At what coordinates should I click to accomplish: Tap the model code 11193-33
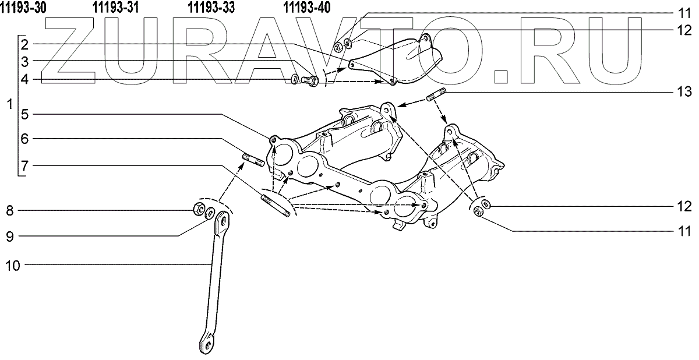click(x=211, y=8)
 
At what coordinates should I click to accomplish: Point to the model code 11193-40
click(x=306, y=8)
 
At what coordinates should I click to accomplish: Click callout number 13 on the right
click(x=684, y=91)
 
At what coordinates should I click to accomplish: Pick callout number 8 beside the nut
click(x=9, y=209)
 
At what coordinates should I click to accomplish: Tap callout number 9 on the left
click(x=9, y=235)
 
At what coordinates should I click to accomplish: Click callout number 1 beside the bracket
click(x=8, y=107)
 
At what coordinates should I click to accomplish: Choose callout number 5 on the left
click(x=24, y=114)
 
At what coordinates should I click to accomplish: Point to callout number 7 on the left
click(x=24, y=166)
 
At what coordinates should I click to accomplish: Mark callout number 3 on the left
click(x=24, y=61)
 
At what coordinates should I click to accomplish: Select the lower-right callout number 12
click(x=684, y=206)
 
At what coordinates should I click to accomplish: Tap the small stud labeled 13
click(x=437, y=96)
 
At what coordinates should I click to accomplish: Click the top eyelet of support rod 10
click(x=221, y=222)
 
